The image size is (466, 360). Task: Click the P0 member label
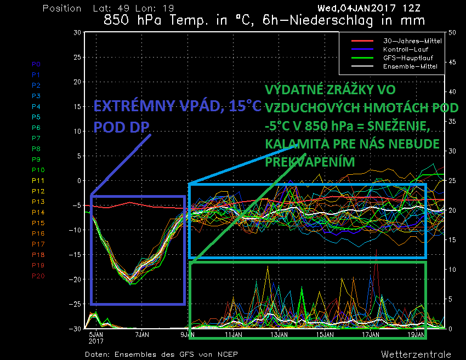(x=36, y=64)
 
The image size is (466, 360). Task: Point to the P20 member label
(x=38, y=276)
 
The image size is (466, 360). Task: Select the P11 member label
(x=38, y=181)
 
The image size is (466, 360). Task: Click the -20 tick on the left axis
(x=77, y=279)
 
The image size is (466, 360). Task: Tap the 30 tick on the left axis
(x=77, y=32)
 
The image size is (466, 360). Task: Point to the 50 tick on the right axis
(x=452, y=32)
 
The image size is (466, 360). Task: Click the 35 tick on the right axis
(x=452, y=122)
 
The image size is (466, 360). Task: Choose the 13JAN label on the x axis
(x=280, y=334)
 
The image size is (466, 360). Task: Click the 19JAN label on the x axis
(x=418, y=334)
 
